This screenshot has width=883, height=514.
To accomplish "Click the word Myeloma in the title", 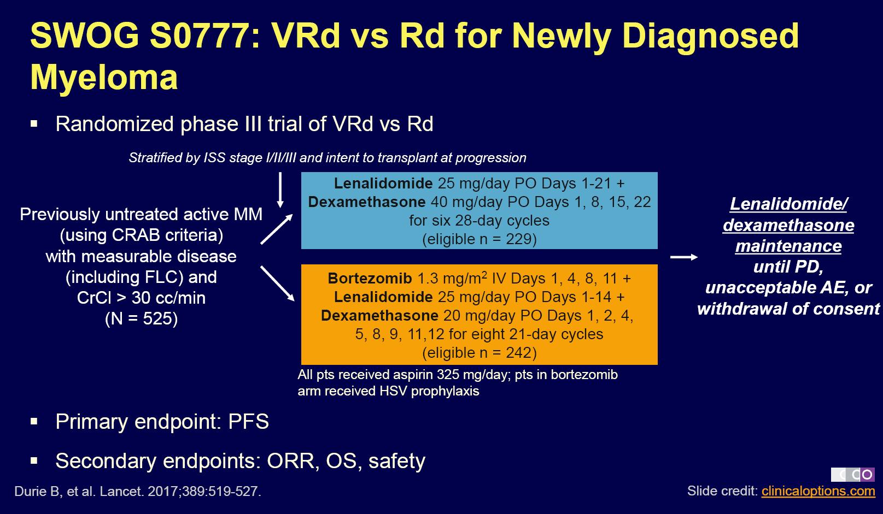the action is [x=104, y=77].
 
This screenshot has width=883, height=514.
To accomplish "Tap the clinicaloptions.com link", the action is [x=818, y=491].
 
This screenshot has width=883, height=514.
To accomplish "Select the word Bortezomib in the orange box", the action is [x=370, y=279].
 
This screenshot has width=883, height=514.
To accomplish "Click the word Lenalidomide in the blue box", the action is [x=383, y=183].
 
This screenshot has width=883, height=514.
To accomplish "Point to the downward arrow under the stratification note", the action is [x=280, y=190].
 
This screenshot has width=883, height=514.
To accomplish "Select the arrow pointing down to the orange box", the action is [x=278, y=283].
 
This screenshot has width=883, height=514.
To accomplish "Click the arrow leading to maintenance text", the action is [x=684, y=257].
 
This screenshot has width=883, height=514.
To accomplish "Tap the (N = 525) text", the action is [x=142, y=318].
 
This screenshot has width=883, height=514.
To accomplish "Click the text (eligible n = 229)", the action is [x=479, y=239].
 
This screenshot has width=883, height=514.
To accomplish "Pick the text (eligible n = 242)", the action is [x=479, y=352].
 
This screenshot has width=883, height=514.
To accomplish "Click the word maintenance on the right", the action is [x=788, y=246].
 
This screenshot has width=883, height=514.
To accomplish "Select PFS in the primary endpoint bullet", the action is [x=248, y=422].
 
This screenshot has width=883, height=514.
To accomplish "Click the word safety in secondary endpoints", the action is [x=396, y=461].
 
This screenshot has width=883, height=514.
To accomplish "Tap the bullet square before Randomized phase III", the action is [x=34, y=124].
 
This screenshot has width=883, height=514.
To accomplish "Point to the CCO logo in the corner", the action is [x=852, y=475].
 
